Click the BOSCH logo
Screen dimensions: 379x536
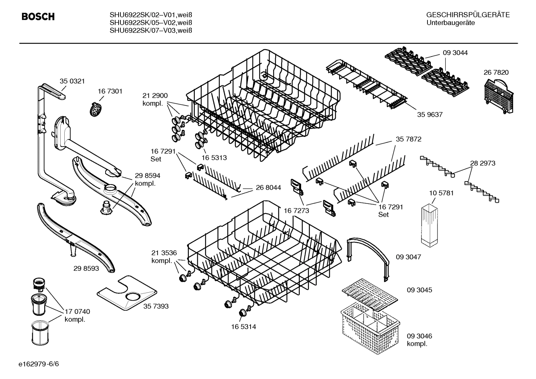(38, 17)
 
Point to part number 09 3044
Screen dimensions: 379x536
(455, 53)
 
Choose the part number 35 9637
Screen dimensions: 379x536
(430, 115)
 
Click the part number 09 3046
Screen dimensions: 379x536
(419, 336)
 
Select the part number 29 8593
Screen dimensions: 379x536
(86, 268)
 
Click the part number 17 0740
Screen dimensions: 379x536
(77, 312)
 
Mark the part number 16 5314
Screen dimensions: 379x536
(243, 327)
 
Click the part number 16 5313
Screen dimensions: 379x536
(214, 158)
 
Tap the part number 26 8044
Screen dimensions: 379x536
(268, 188)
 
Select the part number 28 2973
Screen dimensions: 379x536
(482, 163)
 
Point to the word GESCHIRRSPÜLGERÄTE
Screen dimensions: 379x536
(468, 15)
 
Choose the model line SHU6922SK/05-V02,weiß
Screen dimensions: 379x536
(151, 23)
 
